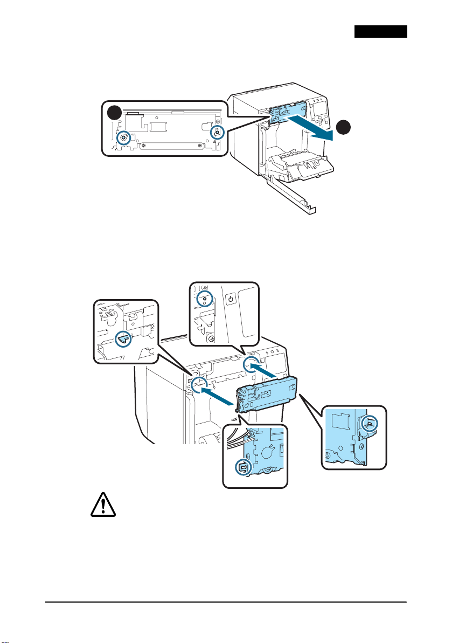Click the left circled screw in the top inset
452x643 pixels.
124,137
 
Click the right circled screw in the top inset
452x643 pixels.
217,132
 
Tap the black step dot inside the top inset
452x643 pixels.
114,113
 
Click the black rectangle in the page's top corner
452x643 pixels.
380,31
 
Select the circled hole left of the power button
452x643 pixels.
204,299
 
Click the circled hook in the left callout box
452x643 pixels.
123,339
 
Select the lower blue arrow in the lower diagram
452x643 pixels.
219,397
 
